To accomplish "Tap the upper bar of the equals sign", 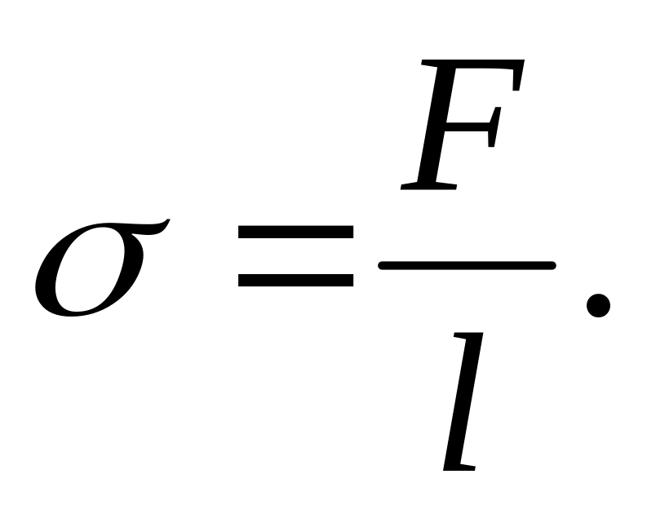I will click(x=295, y=232).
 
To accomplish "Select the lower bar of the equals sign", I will click(x=295, y=280).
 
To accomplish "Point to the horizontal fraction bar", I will click(x=467, y=265).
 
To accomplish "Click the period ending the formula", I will click(x=598, y=306).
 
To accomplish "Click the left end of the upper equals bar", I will click(x=242, y=232).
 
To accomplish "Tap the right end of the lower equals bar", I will click(x=350, y=280).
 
